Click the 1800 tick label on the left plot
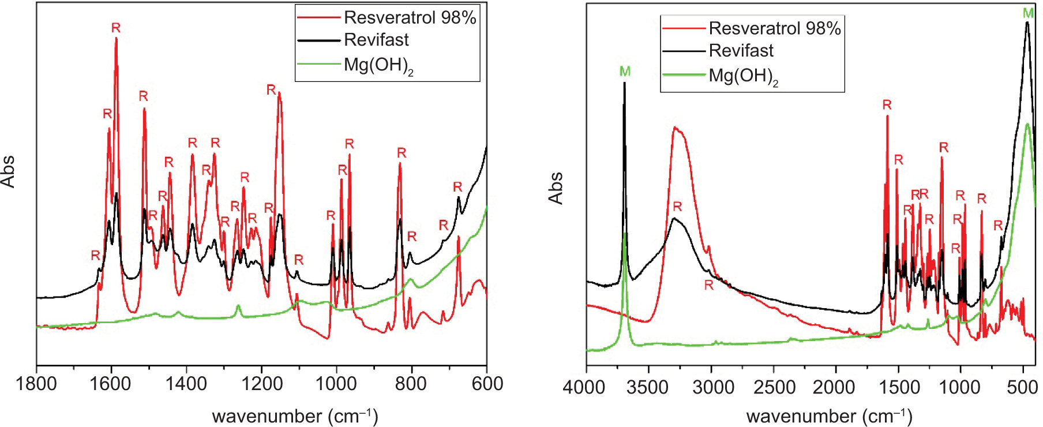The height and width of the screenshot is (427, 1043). (x=36, y=384)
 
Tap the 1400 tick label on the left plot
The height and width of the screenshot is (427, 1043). (x=186, y=384)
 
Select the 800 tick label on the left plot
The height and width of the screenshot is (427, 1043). (x=411, y=384)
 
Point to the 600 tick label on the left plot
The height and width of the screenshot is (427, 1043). (x=487, y=384)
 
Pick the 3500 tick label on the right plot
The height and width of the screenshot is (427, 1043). (x=648, y=387)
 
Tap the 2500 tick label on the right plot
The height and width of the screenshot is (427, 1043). (x=774, y=387)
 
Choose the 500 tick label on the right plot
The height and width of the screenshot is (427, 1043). (x=1022, y=387)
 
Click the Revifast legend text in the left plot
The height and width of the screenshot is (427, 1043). (x=376, y=40)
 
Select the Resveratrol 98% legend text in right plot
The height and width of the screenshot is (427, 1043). (x=775, y=28)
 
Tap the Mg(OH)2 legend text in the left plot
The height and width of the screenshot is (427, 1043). (x=378, y=65)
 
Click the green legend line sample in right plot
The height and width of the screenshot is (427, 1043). (x=684, y=74)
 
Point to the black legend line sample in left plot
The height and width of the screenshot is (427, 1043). (x=319, y=40)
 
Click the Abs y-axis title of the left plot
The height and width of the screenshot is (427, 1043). (x=7, y=171)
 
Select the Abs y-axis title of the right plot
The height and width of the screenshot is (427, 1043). (x=556, y=188)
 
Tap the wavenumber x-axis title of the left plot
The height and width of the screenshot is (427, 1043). (x=295, y=416)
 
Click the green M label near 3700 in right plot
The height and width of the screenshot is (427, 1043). (x=625, y=71)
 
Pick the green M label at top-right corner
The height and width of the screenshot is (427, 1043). (x=1028, y=13)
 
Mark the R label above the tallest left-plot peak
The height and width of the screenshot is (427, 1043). (x=116, y=28)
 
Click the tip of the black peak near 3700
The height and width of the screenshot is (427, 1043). (x=624, y=83)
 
